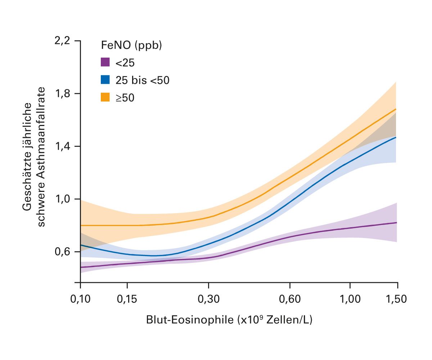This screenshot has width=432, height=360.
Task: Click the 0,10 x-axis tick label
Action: click(80, 299)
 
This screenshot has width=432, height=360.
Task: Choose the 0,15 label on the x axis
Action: click(127, 299)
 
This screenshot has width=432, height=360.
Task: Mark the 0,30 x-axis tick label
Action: click(208, 299)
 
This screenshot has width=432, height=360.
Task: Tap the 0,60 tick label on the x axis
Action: click(290, 299)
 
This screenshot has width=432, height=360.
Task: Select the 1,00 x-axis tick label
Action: click(350, 299)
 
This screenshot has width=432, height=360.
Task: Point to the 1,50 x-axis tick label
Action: click(397, 299)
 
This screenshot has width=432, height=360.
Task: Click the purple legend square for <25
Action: click(105, 62)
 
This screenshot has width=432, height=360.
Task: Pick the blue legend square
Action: click(105, 80)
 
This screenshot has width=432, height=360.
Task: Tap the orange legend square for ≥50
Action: click(105, 97)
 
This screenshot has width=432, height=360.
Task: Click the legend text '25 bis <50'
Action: click(142, 80)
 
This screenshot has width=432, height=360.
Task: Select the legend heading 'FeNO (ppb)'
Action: click(131, 46)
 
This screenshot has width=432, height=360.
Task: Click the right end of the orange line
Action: click(396, 109)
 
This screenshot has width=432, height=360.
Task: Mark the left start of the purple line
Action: click(81, 267)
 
